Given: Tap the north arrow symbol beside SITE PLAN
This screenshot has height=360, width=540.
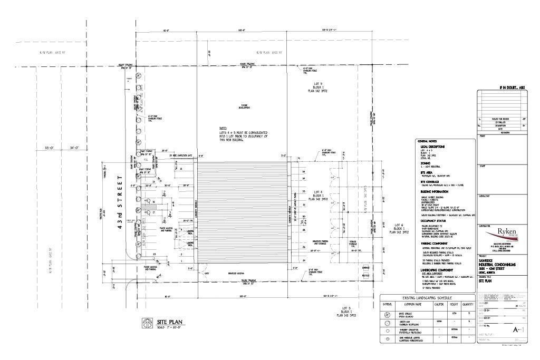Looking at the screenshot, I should (146, 323).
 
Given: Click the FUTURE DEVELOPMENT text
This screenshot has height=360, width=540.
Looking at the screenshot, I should (244, 106).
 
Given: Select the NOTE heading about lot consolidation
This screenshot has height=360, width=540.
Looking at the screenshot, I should (223, 128).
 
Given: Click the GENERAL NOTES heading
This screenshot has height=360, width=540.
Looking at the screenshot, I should (427, 141).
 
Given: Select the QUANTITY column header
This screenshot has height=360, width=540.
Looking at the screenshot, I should (467, 304).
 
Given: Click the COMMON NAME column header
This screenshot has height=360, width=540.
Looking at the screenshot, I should (413, 304).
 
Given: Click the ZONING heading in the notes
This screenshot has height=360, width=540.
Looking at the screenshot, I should (426, 164).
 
